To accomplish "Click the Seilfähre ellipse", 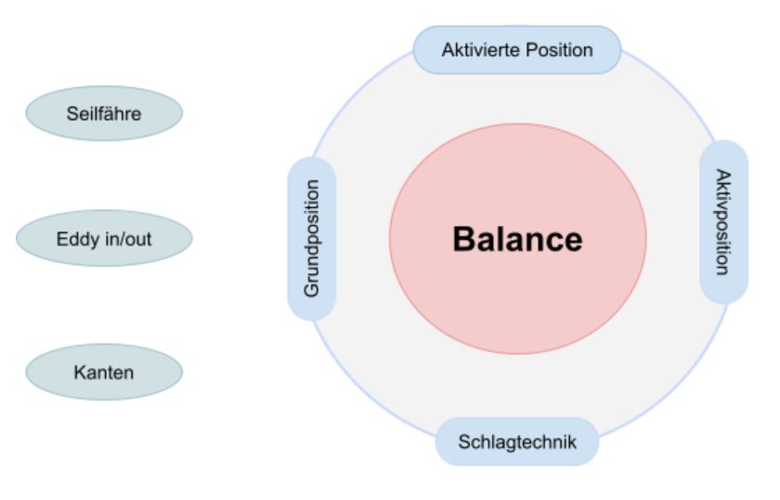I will (x=104, y=113).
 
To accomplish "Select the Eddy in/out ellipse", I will (x=104, y=240).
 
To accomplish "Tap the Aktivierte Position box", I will (x=516, y=49).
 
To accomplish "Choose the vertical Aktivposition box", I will (x=723, y=221).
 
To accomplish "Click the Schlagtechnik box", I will (x=517, y=441).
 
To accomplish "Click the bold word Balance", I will (x=517, y=240).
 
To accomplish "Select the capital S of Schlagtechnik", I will (x=463, y=441).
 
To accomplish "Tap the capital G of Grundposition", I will (x=312, y=290).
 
